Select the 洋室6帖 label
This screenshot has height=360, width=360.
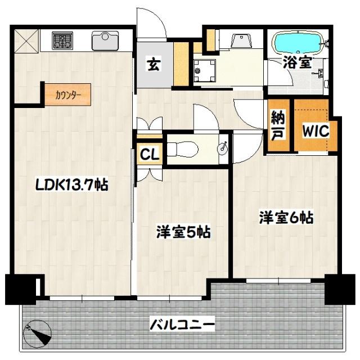[286, 217]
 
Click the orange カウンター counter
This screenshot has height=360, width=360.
[68, 94]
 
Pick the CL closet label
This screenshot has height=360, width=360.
[149, 153]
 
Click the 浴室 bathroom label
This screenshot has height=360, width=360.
[297, 62]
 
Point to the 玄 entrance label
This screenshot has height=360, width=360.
[153, 65]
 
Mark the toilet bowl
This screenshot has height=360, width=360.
[183, 148]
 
